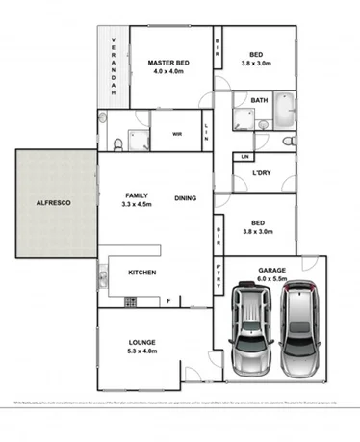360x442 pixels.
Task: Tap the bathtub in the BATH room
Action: (283, 112)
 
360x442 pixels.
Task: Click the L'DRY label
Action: (261, 173)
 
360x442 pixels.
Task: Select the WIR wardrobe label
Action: (178, 135)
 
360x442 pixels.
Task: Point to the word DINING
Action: (187, 198)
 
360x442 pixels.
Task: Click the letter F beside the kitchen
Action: (169, 300)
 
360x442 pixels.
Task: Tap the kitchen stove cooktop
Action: (101, 280)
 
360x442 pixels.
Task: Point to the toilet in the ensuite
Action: (116, 144)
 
